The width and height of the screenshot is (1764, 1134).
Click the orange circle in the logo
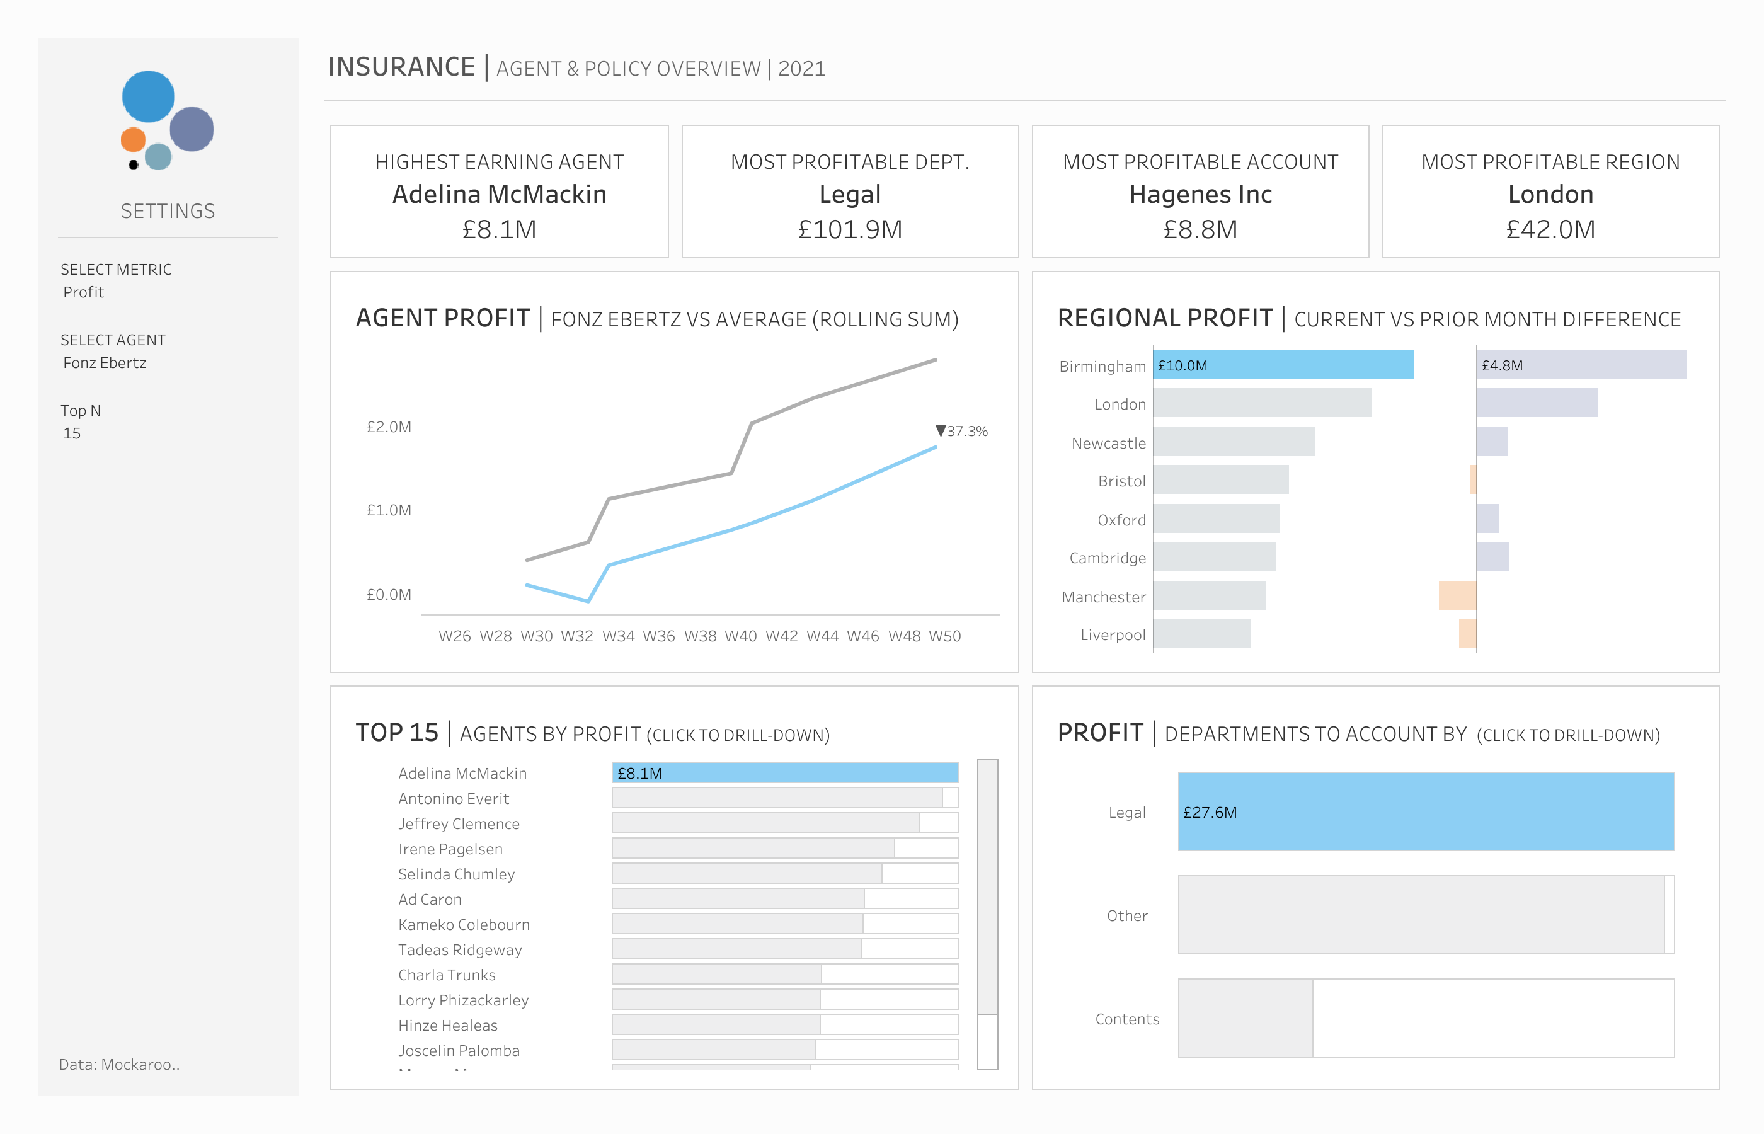tap(134, 139)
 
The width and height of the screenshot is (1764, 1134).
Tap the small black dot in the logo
tap(134, 165)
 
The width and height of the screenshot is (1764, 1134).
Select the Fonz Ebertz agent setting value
tap(105, 363)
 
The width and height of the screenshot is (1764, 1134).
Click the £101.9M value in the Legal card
tap(850, 230)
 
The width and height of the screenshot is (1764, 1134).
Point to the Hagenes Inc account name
tap(1200, 195)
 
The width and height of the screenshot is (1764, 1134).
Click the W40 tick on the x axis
tap(741, 636)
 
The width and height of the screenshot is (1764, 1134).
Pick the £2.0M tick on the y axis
tap(389, 427)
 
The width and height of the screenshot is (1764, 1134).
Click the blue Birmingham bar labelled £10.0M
tap(1283, 365)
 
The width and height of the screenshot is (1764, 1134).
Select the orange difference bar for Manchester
tap(1457, 595)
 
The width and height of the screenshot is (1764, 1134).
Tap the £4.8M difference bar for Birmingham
tap(1581, 365)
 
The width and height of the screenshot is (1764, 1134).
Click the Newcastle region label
tap(1108, 444)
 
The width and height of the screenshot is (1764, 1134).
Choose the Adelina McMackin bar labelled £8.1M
tap(785, 772)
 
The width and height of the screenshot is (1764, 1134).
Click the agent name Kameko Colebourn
tap(464, 924)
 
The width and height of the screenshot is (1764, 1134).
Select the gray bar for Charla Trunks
tap(716, 974)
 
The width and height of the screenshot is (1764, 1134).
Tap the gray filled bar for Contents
tap(1245, 1017)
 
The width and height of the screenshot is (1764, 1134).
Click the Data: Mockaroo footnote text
tap(119, 1064)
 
